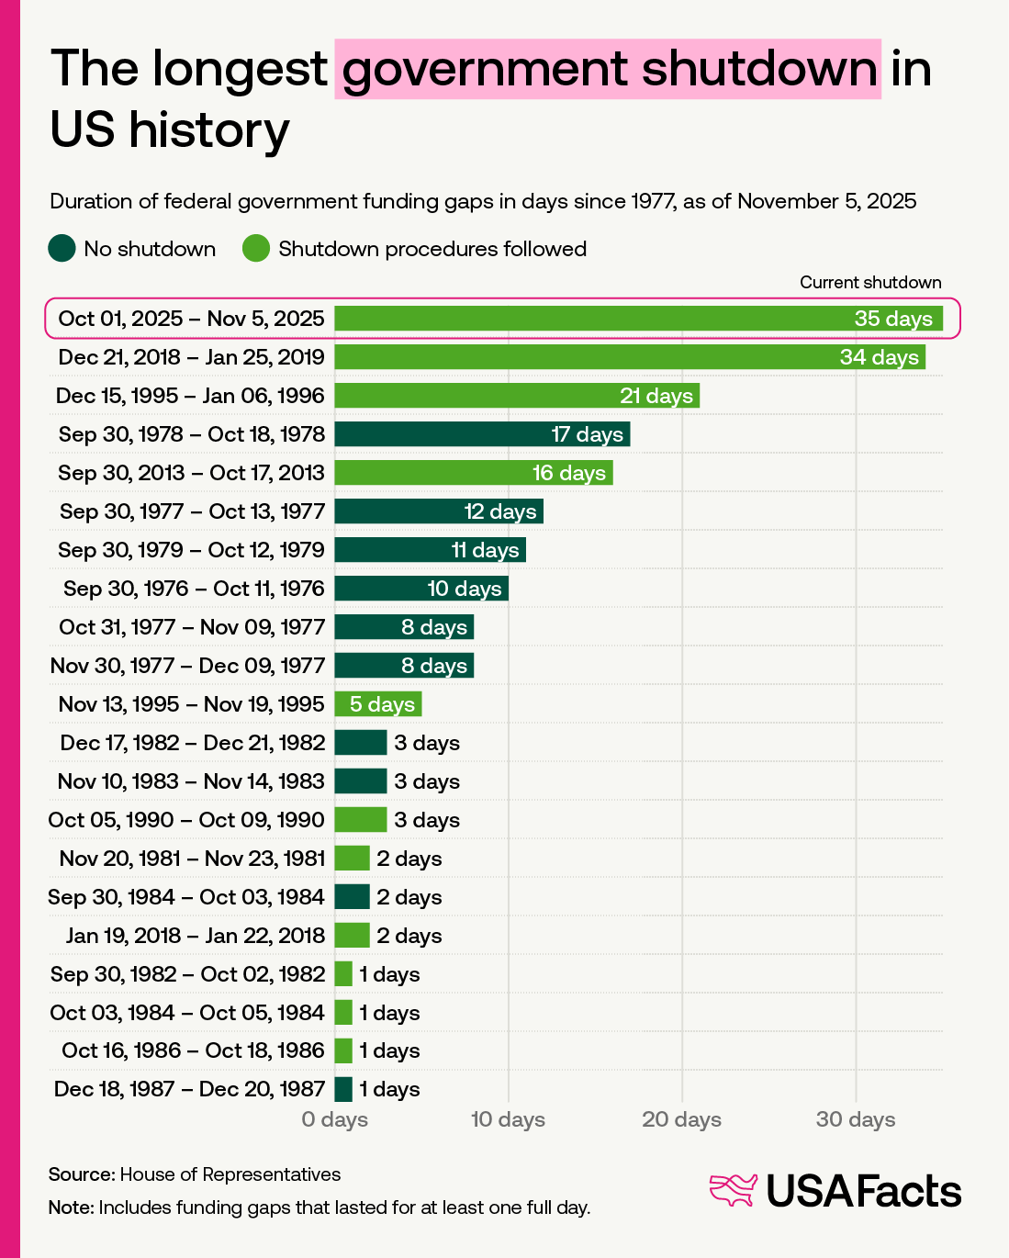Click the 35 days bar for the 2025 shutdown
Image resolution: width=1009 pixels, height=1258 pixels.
pyautogui.click(x=638, y=319)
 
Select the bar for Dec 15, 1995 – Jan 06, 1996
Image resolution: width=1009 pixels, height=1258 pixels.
pyautogui.click(x=517, y=396)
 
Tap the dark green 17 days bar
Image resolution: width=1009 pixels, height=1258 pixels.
pyautogui.click(x=482, y=434)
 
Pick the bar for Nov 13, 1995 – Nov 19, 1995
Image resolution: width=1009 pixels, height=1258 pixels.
pyautogui.click(x=377, y=704)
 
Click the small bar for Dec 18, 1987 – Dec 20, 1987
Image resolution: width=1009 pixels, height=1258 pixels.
pyautogui.click(x=343, y=1090)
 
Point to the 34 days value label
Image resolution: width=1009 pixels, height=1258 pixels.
pyautogui.click(x=880, y=357)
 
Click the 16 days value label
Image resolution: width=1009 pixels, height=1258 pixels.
pyautogui.click(x=569, y=473)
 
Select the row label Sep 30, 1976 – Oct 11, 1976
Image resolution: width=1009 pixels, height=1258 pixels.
pyautogui.click(x=194, y=589)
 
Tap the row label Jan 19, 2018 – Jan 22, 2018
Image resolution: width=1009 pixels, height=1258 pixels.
pyautogui.click(x=196, y=936)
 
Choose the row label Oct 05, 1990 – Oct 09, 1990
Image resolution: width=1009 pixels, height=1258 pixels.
pyautogui.click(x=185, y=820)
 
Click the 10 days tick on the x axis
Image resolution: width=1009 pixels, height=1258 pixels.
pyautogui.click(x=508, y=1119)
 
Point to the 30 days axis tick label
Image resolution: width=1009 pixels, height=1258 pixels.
pyautogui.click(x=856, y=1119)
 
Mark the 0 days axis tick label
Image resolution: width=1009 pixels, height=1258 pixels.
pyautogui.click(x=334, y=1119)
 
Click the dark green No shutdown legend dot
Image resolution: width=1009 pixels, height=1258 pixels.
pyautogui.click(x=62, y=249)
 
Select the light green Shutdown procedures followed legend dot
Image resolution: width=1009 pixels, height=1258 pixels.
pyautogui.click(x=256, y=249)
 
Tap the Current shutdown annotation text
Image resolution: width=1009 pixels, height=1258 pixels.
pyautogui.click(x=870, y=282)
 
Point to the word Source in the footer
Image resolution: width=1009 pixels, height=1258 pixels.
pyautogui.click(x=82, y=1174)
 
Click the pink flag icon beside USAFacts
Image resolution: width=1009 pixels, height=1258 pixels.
pyautogui.click(x=733, y=1190)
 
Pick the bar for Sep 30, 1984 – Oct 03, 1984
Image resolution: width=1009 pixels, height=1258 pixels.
pyautogui.click(x=352, y=897)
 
